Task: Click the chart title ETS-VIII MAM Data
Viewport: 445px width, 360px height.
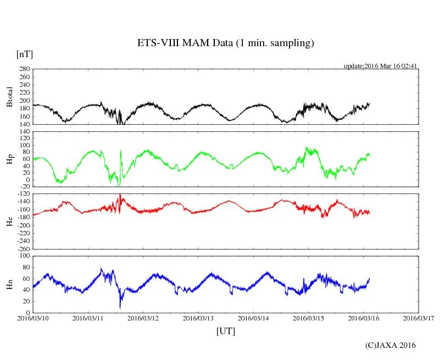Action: click(225, 43)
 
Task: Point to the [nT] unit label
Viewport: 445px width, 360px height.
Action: click(25, 54)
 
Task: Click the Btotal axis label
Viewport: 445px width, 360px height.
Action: click(9, 97)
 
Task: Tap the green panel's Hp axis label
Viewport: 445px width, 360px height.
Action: click(9, 159)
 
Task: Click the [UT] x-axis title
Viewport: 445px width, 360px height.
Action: click(226, 331)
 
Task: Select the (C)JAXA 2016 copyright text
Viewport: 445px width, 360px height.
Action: click(391, 345)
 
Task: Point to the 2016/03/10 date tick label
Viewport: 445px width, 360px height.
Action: click(33, 318)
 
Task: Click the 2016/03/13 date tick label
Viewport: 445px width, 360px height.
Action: click(198, 318)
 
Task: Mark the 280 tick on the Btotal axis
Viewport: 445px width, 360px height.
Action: click(24, 69)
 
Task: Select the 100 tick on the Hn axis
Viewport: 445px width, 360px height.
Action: click(24, 256)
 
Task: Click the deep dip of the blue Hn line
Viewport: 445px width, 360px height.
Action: click(120, 307)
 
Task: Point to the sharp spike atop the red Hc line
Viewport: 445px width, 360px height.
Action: click(120, 195)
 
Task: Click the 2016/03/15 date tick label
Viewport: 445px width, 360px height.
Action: click(308, 318)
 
